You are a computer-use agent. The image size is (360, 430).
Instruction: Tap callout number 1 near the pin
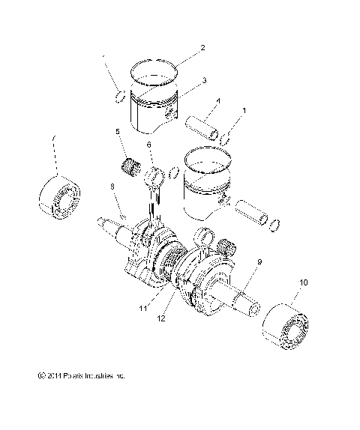click(x=244, y=111)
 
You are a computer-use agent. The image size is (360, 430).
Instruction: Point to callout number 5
click(x=118, y=132)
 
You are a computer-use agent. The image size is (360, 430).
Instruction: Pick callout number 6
click(x=148, y=145)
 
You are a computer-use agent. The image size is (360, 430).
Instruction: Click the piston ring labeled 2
click(x=156, y=73)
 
